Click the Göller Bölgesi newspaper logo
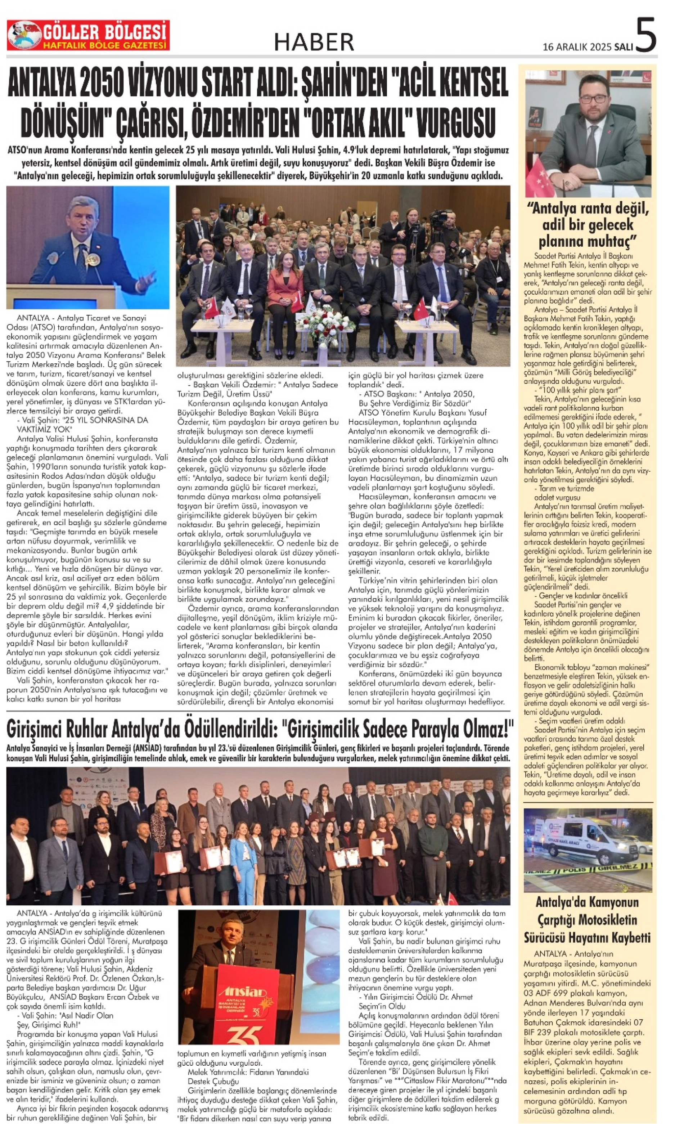coord(88,35)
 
